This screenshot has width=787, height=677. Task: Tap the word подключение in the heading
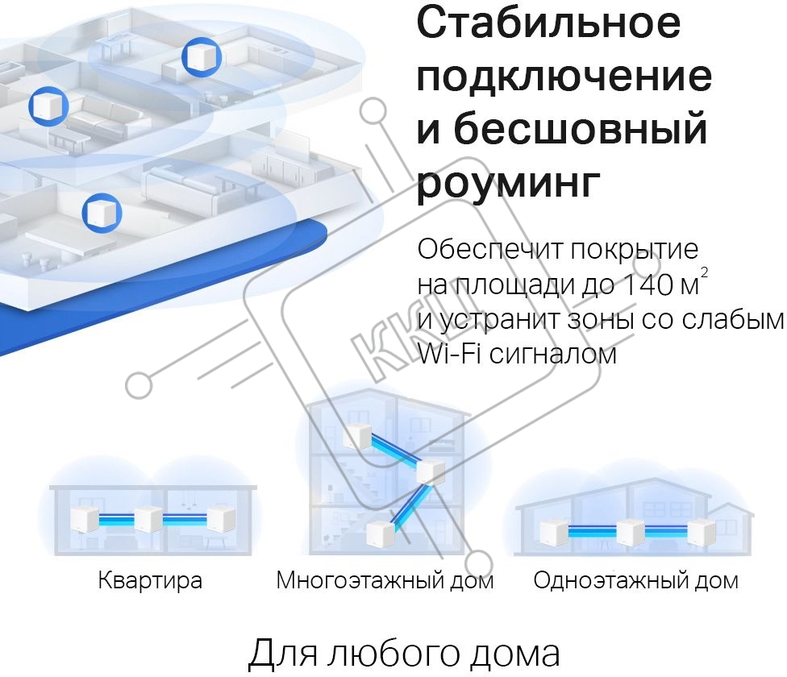(x=564, y=77)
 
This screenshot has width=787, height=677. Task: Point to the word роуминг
(x=509, y=182)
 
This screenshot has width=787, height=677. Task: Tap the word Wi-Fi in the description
(x=449, y=354)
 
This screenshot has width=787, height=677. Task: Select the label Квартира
(x=150, y=580)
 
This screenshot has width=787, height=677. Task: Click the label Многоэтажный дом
(x=385, y=580)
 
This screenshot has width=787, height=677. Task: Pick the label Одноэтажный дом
(x=636, y=580)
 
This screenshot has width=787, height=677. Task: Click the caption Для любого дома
(x=404, y=654)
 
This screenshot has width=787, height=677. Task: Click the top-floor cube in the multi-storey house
(x=358, y=434)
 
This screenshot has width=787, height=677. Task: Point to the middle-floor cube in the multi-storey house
(x=431, y=471)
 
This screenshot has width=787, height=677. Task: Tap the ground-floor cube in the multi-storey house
(x=381, y=533)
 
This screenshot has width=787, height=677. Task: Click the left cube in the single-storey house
(x=554, y=532)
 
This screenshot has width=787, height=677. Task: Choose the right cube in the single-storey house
(x=702, y=532)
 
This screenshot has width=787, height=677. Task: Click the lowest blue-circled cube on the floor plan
(x=102, y=213)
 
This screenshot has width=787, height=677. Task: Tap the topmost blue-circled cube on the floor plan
(x=202, y=56)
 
